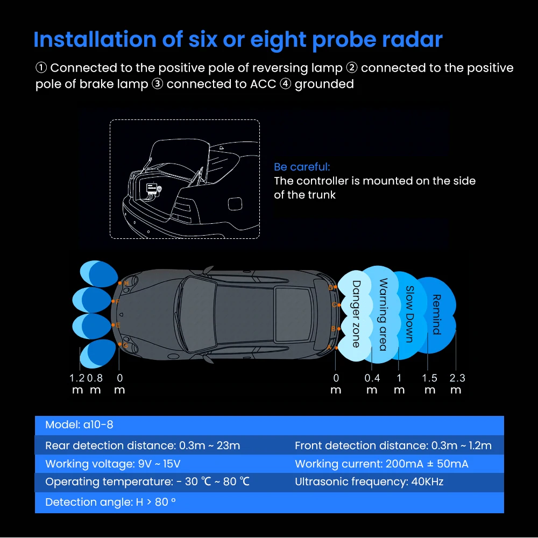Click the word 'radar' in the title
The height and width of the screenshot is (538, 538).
click(412, 40)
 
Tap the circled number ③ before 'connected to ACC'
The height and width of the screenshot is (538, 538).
click(157, 84)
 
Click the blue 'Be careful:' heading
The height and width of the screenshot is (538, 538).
click(302, 167)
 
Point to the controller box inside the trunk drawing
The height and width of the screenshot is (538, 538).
click(152, 189)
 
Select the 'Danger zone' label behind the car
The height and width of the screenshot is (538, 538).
click(357, 314)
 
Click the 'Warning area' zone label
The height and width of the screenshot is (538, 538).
click(383, 314)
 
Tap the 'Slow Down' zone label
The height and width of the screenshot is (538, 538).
click(409, 314)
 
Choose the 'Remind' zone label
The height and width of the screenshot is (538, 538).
click(436, 314)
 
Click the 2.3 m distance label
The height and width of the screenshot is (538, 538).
click(457, 384)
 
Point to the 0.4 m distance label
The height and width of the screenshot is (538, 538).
click(372, 384)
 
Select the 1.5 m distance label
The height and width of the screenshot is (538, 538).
click(429, 384)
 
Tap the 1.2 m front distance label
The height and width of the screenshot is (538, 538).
click(77, 384)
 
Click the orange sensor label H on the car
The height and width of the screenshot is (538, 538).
click(126, 284)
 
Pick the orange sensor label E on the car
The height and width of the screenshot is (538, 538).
click(118, 325)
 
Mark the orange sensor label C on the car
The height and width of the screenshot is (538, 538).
click(334, 305)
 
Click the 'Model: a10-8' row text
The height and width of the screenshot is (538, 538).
click(79, 425)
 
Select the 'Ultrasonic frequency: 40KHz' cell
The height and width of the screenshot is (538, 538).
click(369, 482)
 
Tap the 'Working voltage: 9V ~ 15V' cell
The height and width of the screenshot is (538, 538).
click(113, 464)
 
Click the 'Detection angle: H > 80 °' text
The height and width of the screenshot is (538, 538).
click(110, 502)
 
